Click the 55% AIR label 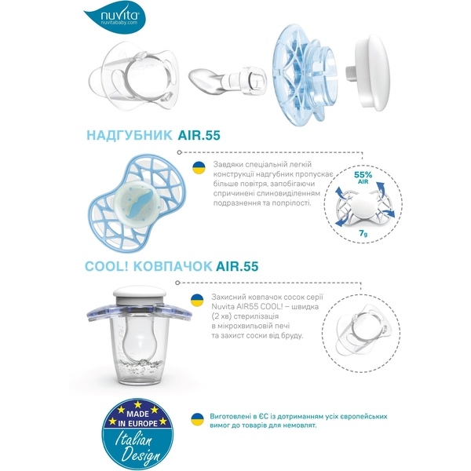point(363,177)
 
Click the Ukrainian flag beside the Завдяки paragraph point(199,166)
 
